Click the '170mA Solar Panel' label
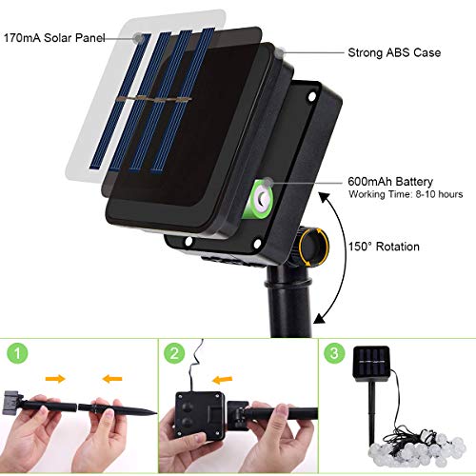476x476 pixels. click(x=54, y=38)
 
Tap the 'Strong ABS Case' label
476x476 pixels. click(x=394, y=52)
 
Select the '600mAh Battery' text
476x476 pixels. click(x=390, y=182)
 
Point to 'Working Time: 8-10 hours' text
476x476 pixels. click(x=406, y=194)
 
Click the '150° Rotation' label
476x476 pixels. click(x=384, y=247)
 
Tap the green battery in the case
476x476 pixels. click(x=260, y=199)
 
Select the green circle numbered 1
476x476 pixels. click(x=17, y=353)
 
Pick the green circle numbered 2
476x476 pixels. click(x=174, y=353)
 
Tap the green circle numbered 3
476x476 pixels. click(x=334, y=353)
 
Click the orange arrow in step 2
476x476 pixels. click(x=223, y=379)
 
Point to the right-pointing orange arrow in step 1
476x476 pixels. click(x=55, y=378)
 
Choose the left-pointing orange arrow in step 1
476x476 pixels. click(x=112, y=378)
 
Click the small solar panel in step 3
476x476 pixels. click(x=371, y=363)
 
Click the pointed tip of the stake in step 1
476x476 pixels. click(x=157, y=413)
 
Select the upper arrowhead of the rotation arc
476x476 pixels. click(x=325, y=197)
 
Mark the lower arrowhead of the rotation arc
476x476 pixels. click(x=320, y=318)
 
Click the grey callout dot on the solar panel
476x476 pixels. click(x=138, y=38)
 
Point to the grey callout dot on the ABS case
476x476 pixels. click(x=279, y=52)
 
